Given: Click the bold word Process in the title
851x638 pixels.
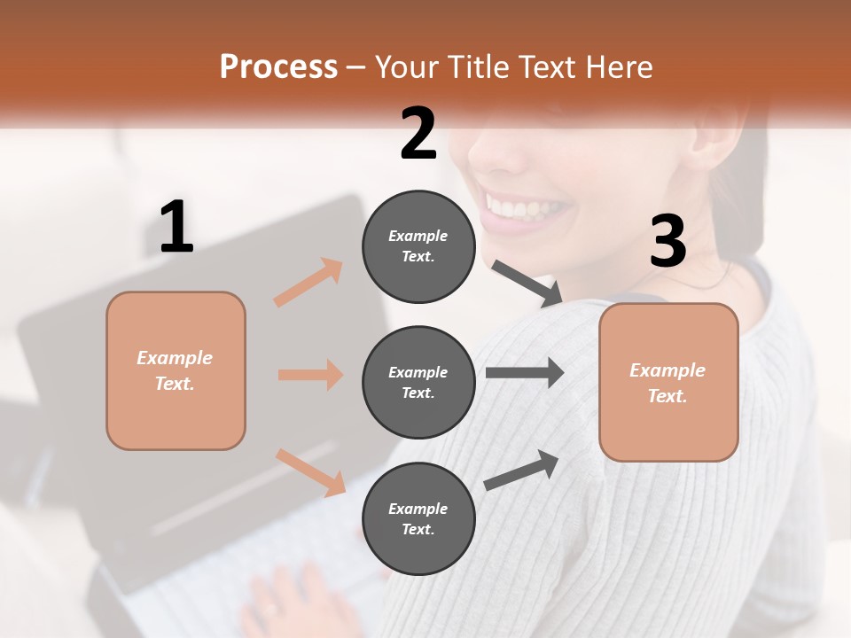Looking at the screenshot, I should click(x=278, y=67).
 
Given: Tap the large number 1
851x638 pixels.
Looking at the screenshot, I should click(x=176, y=227).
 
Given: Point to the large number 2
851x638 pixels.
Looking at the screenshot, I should click(x=418, y=134).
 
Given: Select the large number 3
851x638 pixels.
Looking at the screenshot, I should click(x=668, y=241).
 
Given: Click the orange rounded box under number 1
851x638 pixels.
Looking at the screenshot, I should click(x=176, y=370).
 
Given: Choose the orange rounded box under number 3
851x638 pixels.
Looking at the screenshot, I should click(x=668, y=382).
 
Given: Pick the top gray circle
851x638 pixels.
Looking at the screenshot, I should click(x=418, y=246).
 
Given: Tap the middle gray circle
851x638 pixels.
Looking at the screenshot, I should click(x=418, y=382).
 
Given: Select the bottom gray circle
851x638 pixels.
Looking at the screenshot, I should click(x=418, y=518).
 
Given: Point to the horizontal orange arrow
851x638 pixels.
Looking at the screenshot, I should click(x=310, y=375).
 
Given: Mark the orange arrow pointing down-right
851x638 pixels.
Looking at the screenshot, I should click(x=310, y=471).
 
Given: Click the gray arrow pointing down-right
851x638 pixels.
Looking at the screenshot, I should click(x=527, y=284).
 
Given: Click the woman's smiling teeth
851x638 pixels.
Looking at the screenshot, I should click(x=527, y=209).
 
